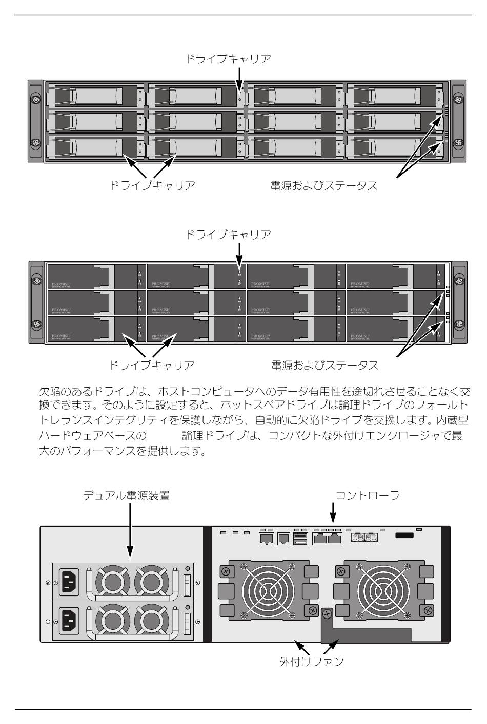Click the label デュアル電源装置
127,496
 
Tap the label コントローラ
367,496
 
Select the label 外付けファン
312,661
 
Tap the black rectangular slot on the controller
405,536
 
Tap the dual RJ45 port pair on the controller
328,538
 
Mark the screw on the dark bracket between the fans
327,613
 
